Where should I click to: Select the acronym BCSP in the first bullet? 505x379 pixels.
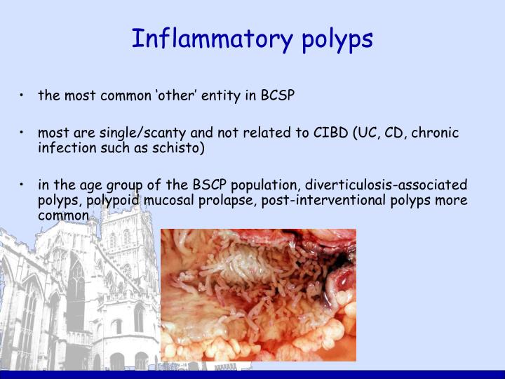click(279, 95)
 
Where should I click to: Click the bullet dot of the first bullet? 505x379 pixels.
click(23, 95)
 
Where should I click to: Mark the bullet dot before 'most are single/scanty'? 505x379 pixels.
click(23, 133)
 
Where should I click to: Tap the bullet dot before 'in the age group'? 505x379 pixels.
click(23, 185)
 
